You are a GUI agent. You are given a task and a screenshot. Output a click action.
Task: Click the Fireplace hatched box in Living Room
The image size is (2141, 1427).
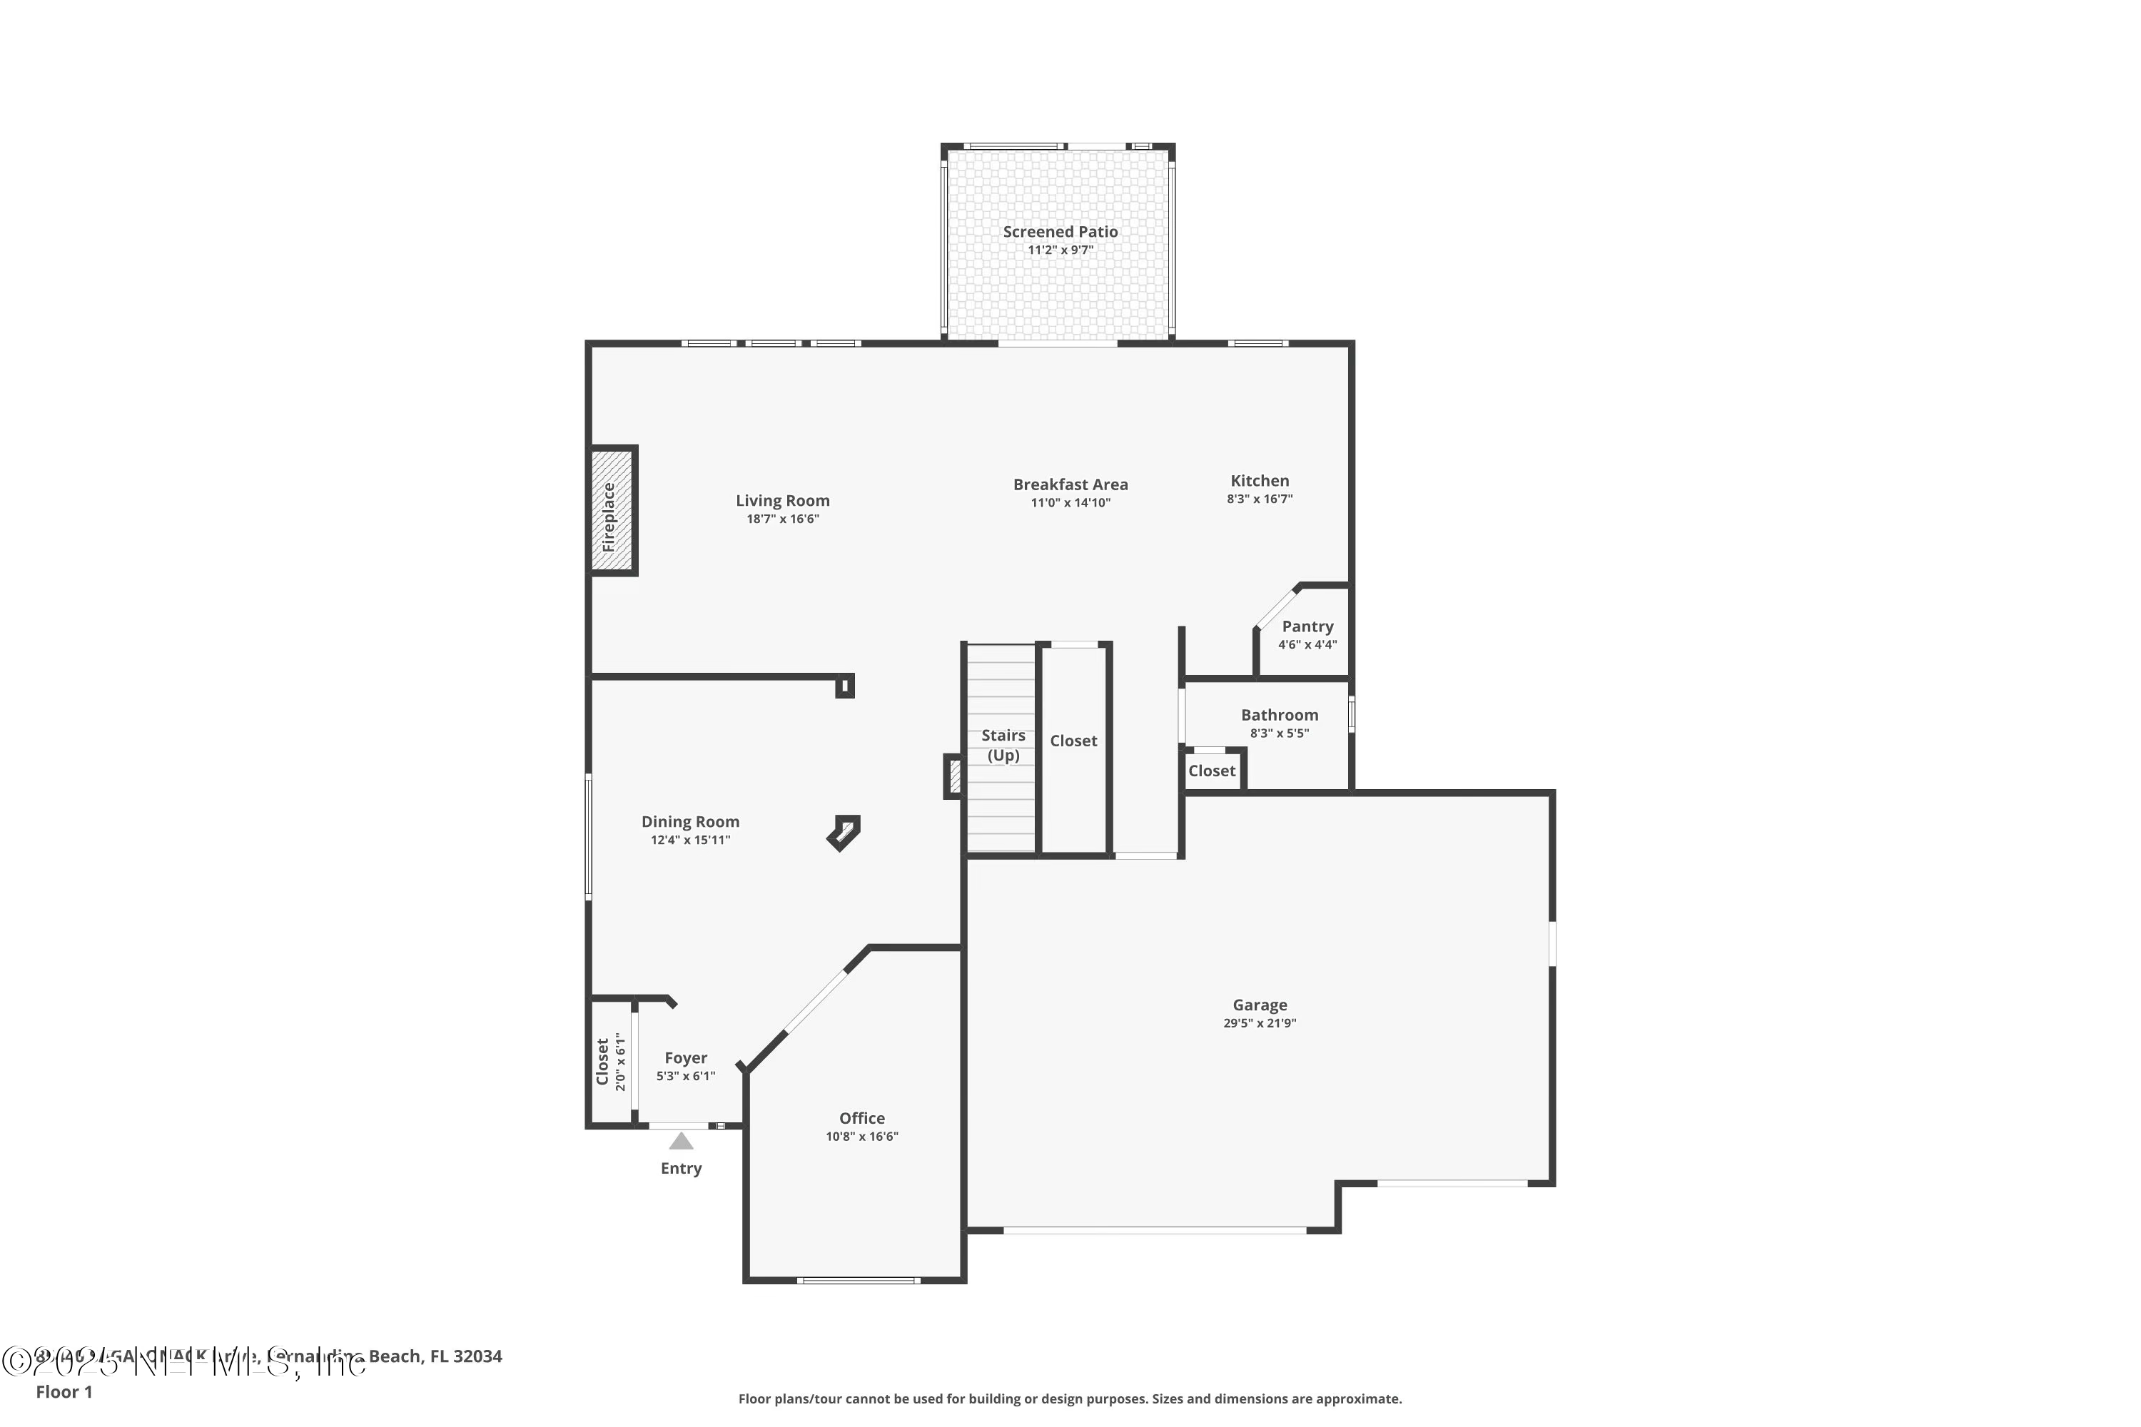611,511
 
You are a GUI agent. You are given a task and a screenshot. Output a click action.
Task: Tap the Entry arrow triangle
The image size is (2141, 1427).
681,1141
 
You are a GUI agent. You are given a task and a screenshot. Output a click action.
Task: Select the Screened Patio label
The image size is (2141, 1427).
1060,232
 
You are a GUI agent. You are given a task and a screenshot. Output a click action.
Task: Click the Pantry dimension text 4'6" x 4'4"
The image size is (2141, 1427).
1307,644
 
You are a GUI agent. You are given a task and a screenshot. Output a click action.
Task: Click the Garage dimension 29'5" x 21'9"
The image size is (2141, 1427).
1259,1023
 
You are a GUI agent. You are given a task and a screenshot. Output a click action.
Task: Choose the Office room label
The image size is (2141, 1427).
861,1117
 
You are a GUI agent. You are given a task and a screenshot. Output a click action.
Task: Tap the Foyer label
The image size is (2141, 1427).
685,1057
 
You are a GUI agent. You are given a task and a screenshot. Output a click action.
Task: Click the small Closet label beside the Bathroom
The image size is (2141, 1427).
1212,771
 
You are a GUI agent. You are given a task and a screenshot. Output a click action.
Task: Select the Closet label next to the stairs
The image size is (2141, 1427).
1073,741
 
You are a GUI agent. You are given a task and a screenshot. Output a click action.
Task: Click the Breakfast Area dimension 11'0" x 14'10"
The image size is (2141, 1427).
1070,502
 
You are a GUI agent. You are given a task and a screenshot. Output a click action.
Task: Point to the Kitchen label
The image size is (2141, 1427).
1259,480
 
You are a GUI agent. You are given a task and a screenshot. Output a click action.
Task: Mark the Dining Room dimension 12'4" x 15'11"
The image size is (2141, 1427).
690,840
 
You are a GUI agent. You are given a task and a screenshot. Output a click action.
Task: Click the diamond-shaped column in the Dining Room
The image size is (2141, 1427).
844,832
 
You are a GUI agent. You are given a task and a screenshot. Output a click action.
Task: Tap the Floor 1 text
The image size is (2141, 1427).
64,1391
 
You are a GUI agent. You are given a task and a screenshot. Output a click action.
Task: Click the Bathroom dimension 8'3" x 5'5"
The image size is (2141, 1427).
1279,733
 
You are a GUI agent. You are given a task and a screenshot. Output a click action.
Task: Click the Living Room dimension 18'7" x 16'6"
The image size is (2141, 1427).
783,519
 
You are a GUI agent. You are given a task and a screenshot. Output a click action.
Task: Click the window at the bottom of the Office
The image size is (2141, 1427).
859,1281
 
